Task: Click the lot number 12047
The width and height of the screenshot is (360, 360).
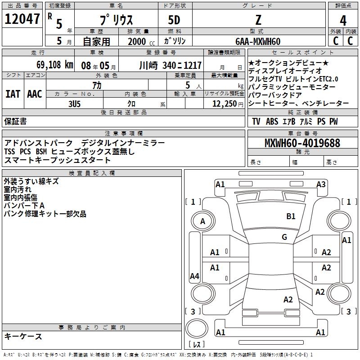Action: point(22,19)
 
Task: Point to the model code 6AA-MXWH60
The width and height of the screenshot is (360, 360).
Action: point(258,41)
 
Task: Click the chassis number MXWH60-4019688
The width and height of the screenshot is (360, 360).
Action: point(302,143)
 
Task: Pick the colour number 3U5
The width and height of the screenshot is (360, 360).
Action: point(74,103)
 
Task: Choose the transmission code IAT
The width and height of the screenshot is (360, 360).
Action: point(12,94)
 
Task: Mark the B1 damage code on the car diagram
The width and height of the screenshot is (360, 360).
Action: point(291,216)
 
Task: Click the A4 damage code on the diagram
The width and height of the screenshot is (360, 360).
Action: point(194,276)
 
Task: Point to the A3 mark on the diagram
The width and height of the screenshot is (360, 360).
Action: point(321,184)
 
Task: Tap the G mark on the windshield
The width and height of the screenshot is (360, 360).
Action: point(284,237)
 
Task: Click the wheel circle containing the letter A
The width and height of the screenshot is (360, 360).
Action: point(202,221)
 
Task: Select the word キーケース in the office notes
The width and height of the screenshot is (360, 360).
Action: point(23,337)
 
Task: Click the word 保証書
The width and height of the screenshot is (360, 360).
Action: point(15,121)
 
